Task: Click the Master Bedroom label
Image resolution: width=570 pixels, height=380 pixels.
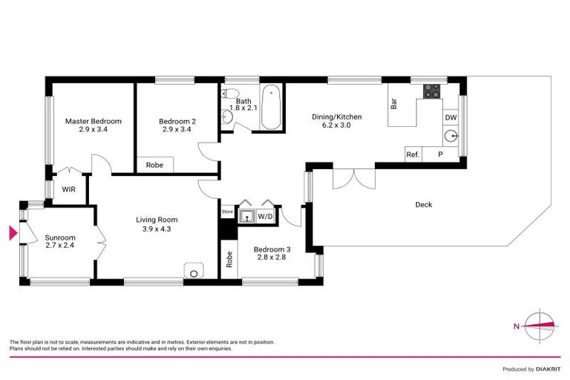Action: (93, 121)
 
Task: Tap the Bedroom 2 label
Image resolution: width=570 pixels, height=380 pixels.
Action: (177, 121)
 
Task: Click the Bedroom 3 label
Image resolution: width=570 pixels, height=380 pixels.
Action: (270, 249)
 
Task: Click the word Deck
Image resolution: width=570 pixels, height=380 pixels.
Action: (423, 205)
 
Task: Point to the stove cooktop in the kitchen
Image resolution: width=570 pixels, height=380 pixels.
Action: (430, 91)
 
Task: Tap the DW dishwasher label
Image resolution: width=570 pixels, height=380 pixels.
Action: (450, 117)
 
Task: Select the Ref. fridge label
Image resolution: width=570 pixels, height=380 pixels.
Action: (412, 155)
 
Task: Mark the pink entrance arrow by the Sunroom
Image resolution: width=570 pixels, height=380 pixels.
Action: (12, 234)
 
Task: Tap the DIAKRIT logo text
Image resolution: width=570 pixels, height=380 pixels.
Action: (548, 369)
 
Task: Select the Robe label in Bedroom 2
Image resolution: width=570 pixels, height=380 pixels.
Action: (154, 165)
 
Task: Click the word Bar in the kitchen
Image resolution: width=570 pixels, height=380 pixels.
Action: (393, 105)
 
